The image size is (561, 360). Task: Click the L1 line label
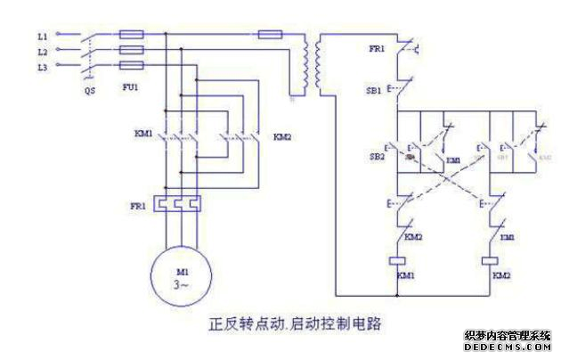click(42, 35)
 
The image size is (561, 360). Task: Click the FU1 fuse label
click(132, 90)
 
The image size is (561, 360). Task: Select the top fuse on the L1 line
click(132, 35)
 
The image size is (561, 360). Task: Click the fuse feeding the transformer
click(271, 35)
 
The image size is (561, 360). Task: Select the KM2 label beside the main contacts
click(282, 137)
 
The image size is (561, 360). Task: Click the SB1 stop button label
click(375, 91)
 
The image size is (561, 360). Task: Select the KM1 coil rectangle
click(400, 261)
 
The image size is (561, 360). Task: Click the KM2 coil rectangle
click(488, 261)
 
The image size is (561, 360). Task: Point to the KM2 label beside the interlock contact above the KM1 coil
click(413, 237)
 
